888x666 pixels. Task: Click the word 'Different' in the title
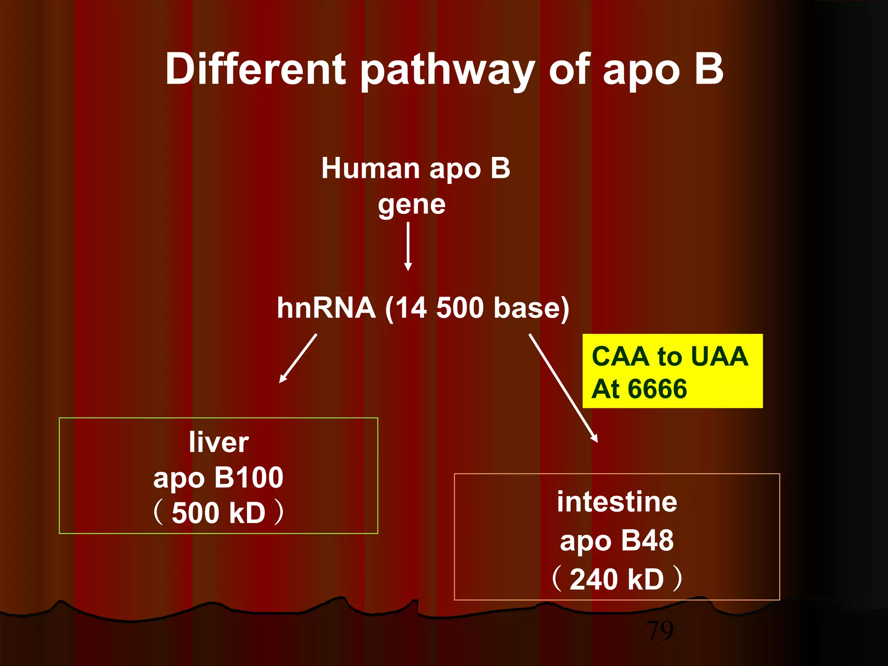click(255, 69)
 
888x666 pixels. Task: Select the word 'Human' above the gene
click(369, 168)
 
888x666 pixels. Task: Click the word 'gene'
click(411, 205)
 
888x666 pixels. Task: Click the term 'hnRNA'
click(326, 308)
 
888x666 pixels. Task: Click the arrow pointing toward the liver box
click(298, 358)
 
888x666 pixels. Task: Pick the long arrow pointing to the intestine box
click(563, 388)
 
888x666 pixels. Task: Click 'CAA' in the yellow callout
click(620, 356)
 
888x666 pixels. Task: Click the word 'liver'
click(219, 442)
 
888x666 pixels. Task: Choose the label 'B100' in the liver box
click(248, 478)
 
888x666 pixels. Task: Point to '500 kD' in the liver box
click(219, 513)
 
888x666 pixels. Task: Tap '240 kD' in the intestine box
click(617, 580)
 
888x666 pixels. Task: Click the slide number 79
click(660, 631)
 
